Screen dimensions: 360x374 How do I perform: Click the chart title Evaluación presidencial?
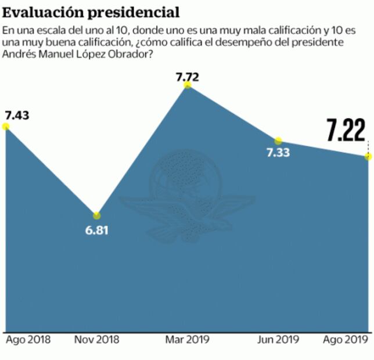pos(90,12)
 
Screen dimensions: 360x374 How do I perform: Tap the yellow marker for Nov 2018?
pos(96,215)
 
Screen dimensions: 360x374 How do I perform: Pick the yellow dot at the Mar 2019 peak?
pos(187,85)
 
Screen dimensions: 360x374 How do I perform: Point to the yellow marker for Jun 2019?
pos(278,141)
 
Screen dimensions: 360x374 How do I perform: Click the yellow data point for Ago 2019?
pos(368,157)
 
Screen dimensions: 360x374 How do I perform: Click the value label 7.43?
pos(16,114)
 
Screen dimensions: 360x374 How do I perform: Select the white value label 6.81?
pos(96,229)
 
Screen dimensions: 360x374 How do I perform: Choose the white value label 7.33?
pos(278,153)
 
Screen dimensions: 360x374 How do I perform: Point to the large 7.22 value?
pos(346,130)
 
